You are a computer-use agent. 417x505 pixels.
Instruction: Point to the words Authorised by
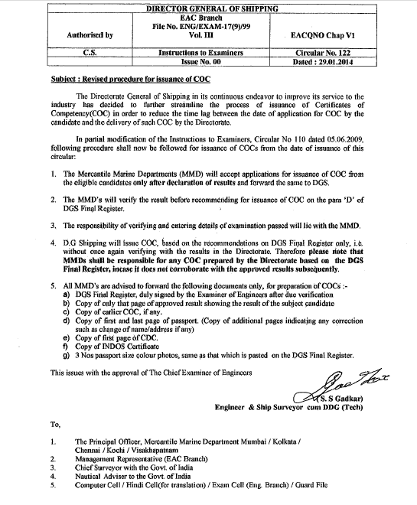90,35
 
